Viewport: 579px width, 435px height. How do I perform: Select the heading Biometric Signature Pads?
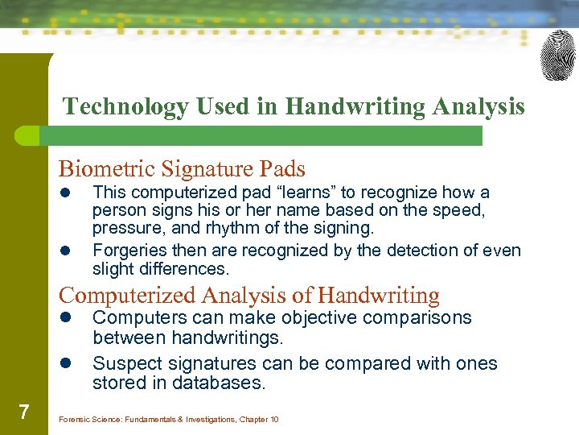point(182,169)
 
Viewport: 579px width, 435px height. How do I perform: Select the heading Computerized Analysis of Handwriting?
point(249,296)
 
